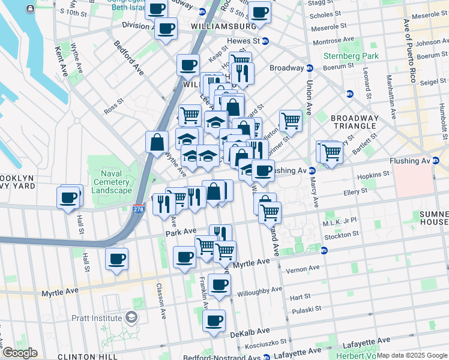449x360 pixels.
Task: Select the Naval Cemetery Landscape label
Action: click(x=110, y=182)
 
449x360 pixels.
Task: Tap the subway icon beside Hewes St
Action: click(x=265, y=41)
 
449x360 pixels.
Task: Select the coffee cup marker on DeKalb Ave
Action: click(x=214, y=320)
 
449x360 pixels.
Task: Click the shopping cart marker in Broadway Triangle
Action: click(x=291, y=120)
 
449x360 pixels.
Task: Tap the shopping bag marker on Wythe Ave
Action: click(x=157, y=142)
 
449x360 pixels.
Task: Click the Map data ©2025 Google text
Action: click(x=412, y=355)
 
